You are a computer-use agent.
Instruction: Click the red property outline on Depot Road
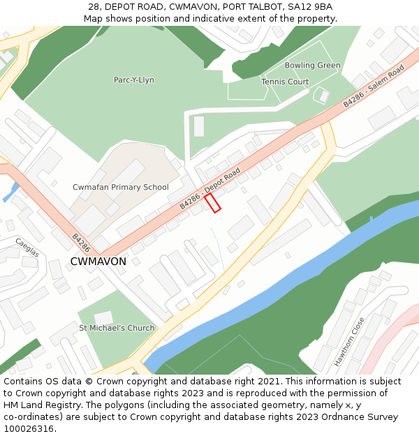213,202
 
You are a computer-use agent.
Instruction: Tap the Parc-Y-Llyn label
134,80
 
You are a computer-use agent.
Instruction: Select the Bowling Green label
312,66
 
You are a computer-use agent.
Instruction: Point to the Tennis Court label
285,82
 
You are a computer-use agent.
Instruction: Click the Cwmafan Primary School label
121,187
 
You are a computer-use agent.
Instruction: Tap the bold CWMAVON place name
98,262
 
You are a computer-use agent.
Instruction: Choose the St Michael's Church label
117,328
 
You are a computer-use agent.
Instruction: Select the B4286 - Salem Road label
374,86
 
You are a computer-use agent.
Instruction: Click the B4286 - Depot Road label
210,188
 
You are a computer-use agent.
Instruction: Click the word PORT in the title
237,7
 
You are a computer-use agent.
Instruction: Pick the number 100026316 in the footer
28,429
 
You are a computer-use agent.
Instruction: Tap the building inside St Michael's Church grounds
104,317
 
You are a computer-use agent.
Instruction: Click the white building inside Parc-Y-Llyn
199,126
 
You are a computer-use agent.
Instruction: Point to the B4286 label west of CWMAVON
81,242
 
